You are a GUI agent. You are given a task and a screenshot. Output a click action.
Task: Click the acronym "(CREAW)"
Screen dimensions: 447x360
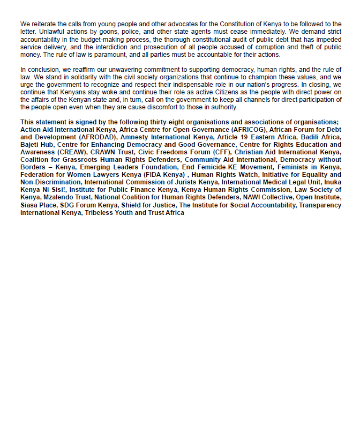tap(72, 152)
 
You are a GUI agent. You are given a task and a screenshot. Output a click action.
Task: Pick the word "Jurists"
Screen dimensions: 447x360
tap(171, 182)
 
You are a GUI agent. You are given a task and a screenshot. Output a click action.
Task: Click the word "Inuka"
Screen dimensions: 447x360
tap(331, 182)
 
